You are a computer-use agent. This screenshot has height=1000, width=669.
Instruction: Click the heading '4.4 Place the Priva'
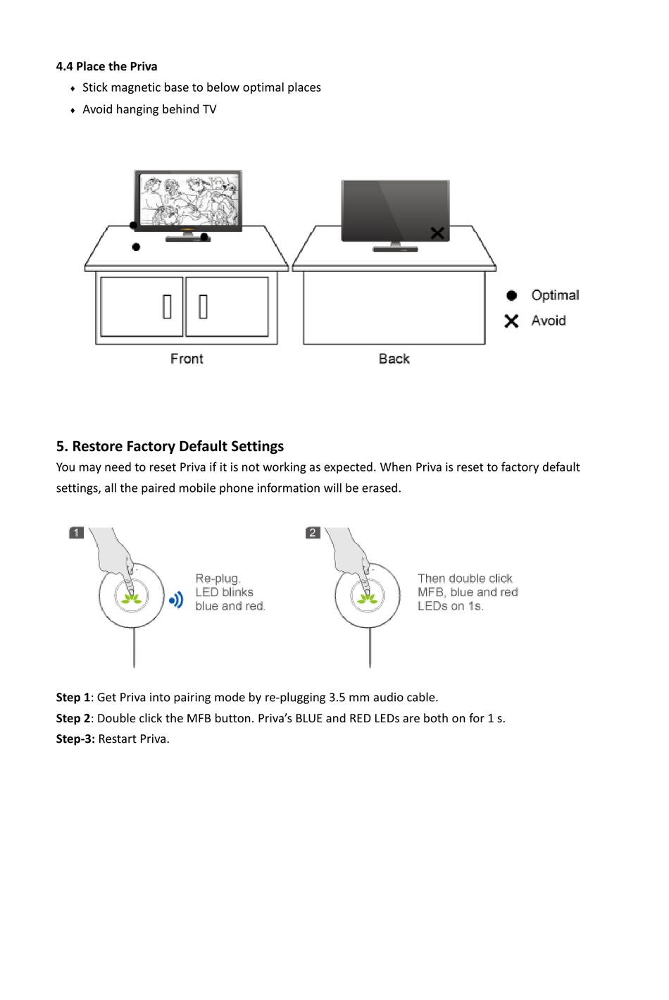point(106,66)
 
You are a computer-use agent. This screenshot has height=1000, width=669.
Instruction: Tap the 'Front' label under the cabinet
point(187,359)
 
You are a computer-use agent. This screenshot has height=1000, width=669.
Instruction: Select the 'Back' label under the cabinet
point(394,359)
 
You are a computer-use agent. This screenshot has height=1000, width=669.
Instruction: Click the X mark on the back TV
point(437,233)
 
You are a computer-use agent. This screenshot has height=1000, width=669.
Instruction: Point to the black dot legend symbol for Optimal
point(512,295)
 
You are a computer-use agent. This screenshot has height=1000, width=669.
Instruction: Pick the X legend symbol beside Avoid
point(511,321)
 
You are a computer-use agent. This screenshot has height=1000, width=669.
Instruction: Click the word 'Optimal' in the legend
point(555,295)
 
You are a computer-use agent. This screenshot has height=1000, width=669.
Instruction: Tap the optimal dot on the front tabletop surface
point(136,247)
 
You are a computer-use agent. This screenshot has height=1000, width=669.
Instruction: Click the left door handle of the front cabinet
point(167,306)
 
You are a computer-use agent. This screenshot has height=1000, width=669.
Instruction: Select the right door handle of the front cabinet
point(203,306)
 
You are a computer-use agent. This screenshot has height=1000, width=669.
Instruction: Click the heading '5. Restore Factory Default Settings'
point(170,446)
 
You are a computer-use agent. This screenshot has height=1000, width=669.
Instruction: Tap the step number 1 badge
point(76,533)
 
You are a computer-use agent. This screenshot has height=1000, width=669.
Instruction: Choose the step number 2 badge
point(313,533)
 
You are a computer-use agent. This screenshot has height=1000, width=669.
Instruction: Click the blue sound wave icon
point(176,600)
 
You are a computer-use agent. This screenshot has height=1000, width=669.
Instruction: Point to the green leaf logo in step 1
point(132,599)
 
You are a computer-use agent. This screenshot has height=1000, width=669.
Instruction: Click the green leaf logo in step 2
point(367,599)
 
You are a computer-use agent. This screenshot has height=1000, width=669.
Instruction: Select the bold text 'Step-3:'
point(75,739)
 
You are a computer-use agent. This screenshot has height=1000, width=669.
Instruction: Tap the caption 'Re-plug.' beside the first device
point(218,579)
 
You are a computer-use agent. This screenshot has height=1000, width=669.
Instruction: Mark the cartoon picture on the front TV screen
point(189,199)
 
